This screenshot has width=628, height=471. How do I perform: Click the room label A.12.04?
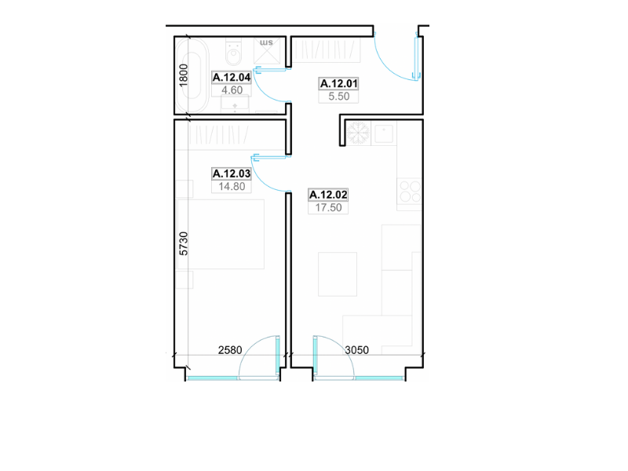pyautogui.click(x=232, y=77)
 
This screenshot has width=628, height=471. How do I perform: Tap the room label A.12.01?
pyautogui.click(x=338, y=83)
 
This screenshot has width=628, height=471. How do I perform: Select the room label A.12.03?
pyautogui.click(x=232, y=173)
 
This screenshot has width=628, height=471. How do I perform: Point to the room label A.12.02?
pyautogui.click(x=328, y=195)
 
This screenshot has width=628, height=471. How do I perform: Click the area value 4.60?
pyautogui.click(x=232, y=90)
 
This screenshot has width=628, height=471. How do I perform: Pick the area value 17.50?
pyautogui.click(x=328, y=207)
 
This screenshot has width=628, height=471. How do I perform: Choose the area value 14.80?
pyautogui.click(x=232, y=186)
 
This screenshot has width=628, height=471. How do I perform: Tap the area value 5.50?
pyautogui.click(x=339, y=96)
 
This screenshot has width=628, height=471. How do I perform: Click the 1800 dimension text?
pyautogui.click(x=184, y=75)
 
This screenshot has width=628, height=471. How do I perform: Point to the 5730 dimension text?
pyautogui.click(x=184, y=243)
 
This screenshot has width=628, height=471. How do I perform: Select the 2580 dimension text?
pyautogui.click(x=230, y=350)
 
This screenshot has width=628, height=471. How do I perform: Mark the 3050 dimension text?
pyautogui.click(x=357, y=350)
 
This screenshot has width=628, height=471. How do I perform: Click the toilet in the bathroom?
pyautogui.click(x=233, y=52)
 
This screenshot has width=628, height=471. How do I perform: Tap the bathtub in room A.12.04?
pyautogui.click(x=192, y=75)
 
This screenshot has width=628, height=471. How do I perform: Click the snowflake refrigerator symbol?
pyautogui.click(x=358, y=133)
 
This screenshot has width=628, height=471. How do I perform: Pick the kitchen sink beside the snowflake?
pyautogui.click(x=384, y=133)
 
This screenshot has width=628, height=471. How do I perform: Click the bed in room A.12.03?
pyautogui.click(x=221, y=234)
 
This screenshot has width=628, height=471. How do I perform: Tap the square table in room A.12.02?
pyautogui.click(x=338, y=274)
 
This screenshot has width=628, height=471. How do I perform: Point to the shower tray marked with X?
pyautogui.click(x=267, y=51)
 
